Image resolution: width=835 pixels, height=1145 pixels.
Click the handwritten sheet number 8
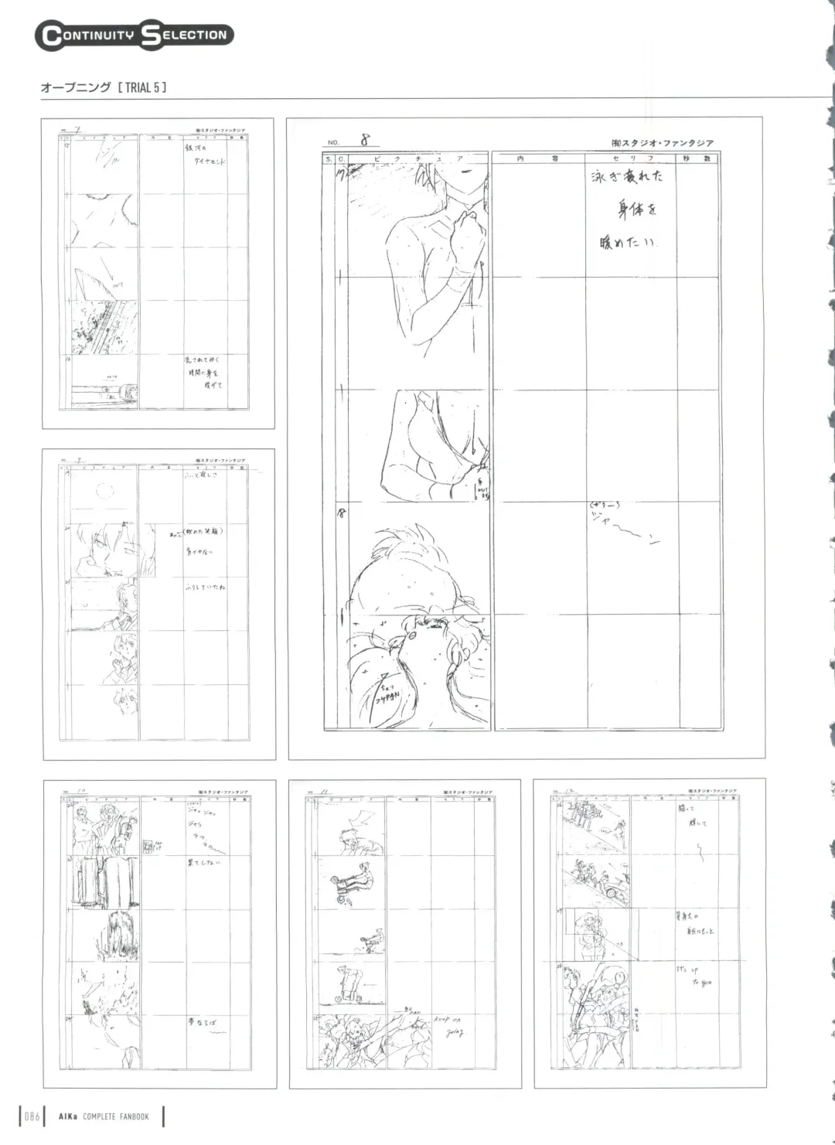pyautogui.click(x=364, y=140)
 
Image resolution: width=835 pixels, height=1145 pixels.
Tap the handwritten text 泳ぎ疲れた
pyautogui.click(x=627, y=177)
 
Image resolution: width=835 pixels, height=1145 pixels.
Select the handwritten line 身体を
pyautogui.click(x=637, y=210)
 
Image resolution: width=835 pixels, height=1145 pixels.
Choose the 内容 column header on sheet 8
pyautogui.click(x=538, y=158)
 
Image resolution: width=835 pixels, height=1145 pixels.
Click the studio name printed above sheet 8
pyautogui.click(x=662, y=143)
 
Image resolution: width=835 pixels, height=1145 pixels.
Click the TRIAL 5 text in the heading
pyautogui.click(x=141, y=87)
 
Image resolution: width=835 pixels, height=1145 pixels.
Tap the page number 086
pyautogui.click(x=32, y=1116)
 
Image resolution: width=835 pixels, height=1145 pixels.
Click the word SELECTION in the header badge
pyautogui.click(x=186, y=35)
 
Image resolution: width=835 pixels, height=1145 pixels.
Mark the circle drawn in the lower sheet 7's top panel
pyautogui.click(x=104, y=489)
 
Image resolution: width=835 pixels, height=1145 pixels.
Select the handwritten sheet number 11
pyautogui.click(x=324, y=792)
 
